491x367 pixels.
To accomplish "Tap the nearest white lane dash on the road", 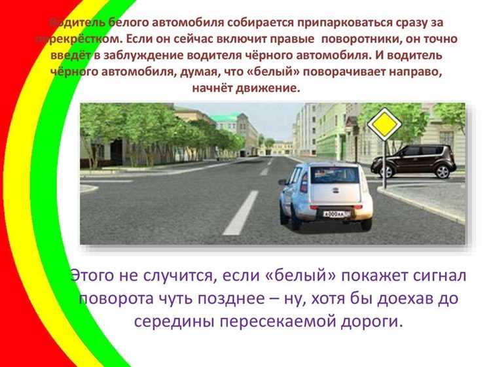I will click(x=240, y=213).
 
